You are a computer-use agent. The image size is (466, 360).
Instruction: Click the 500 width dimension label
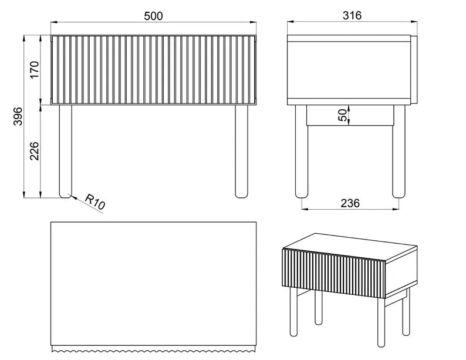point(153,16)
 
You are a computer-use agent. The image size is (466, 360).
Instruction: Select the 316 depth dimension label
point(352,15)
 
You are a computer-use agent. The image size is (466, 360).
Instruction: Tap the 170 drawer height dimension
point(35,69)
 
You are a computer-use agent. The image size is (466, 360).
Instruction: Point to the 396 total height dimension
point(18,116)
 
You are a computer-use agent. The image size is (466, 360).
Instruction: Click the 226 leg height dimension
point(35,151)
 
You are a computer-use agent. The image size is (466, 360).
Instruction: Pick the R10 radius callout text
point(95,202)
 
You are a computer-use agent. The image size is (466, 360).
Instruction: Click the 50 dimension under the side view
point(343,115)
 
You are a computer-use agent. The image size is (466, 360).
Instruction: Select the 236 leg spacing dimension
point(350,203)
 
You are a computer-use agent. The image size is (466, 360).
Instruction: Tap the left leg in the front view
point(65,152)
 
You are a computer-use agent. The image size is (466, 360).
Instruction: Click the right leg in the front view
point(241,152)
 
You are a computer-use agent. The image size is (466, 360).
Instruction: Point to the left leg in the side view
point(301,152)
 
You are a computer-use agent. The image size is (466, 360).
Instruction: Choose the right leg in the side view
point(399,152)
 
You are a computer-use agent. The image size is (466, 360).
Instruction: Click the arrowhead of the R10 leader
point(73,197)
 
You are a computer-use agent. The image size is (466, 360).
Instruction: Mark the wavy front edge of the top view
point(153,349)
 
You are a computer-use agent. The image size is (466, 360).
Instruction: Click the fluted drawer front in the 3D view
point(333,274)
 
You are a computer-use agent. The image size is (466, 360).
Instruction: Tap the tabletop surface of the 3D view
point(351,247)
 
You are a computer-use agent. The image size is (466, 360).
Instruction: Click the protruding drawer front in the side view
point(414,70)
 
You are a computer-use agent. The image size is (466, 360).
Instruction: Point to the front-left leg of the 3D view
point(293,312)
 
